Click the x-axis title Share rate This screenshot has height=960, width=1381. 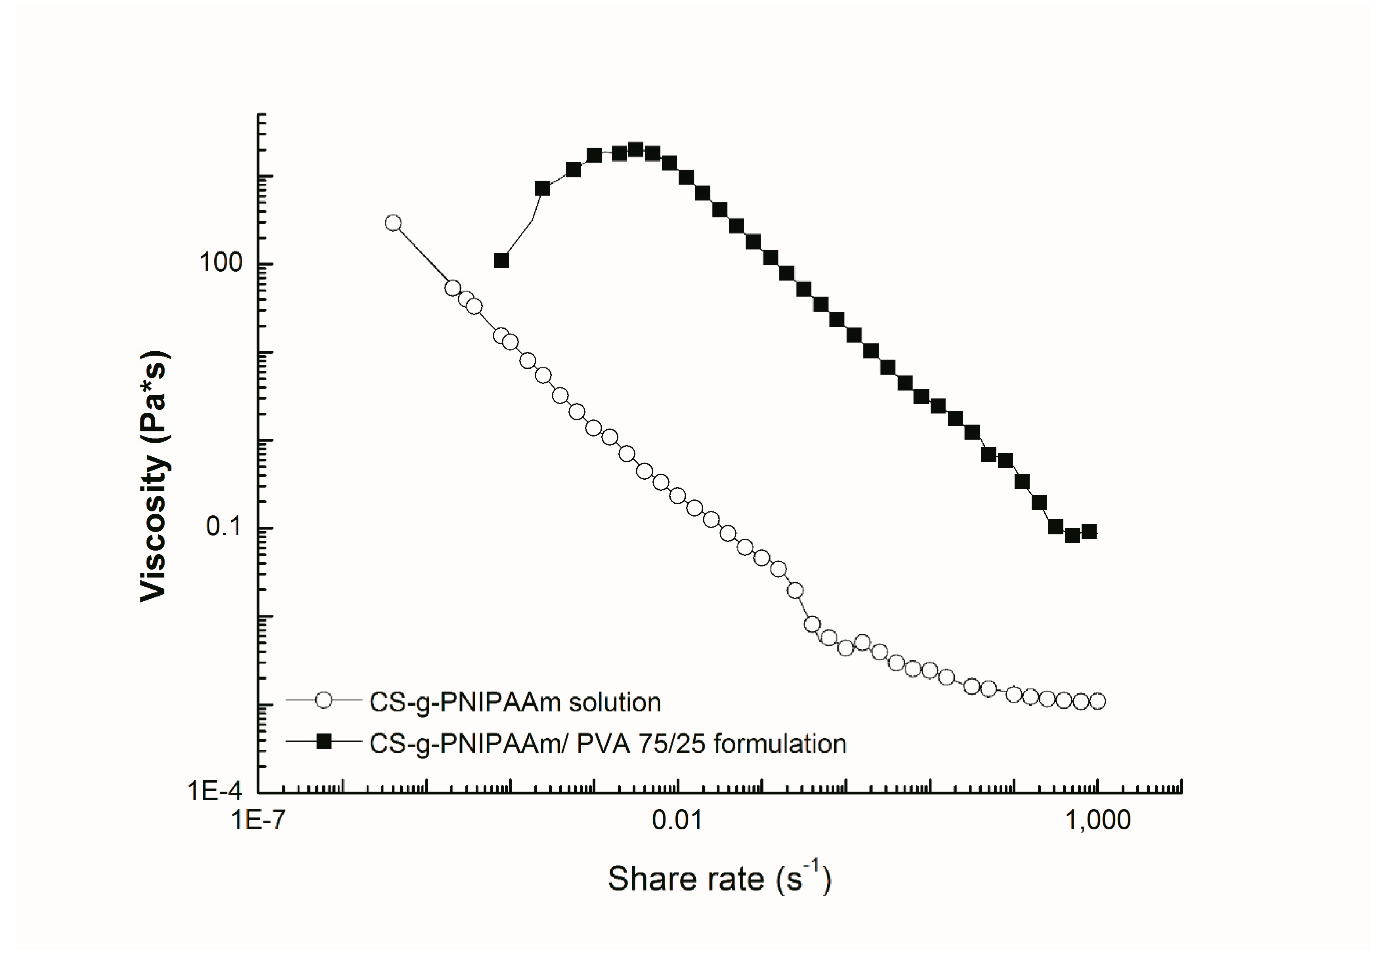click(x=719, y=879)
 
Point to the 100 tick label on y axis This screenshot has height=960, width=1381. click(x=221, y=263)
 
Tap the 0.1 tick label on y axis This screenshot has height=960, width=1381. click(x=223, y=527)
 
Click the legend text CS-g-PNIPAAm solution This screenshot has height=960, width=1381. click(x=515, y=702)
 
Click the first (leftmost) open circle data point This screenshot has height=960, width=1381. click(x=392, y=223)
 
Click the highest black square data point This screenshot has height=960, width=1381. click(x=636, y=150)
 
